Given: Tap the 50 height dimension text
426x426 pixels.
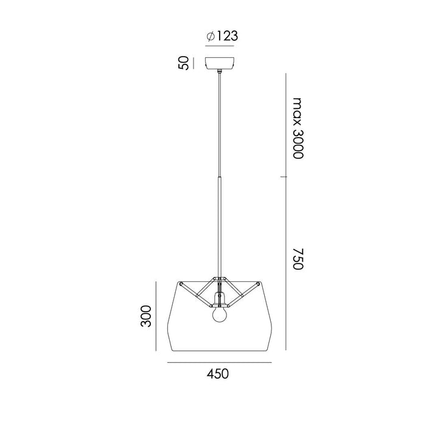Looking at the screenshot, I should coord(181,63).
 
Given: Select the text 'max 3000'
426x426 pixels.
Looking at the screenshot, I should coord(297,127).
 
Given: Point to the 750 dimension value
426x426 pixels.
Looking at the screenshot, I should coord(297,259).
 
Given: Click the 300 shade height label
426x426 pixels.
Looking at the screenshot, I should coord(145,315).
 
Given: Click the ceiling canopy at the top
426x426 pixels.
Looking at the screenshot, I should coord(221,63).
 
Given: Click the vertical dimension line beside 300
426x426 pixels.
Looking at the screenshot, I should coord(158,315).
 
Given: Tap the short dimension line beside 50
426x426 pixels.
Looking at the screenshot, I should coord(193,63).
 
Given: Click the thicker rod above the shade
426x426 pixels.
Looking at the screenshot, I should coord(220,225).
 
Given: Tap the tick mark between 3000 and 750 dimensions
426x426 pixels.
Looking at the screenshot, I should coord(284,177).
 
